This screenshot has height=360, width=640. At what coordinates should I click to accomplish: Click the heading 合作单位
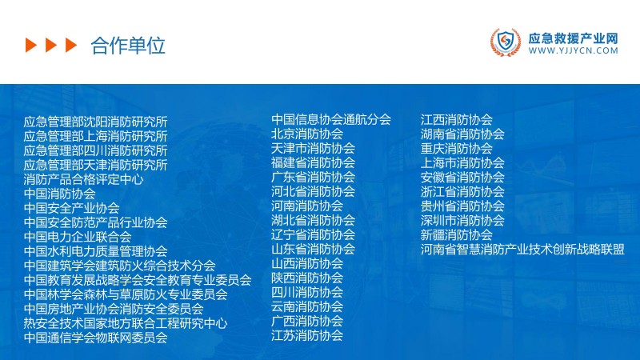pos(128,46)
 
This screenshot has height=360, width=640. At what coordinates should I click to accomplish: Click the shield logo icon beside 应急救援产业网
pos(505,43)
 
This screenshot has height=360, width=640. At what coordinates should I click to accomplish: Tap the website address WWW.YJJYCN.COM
pos(573,50)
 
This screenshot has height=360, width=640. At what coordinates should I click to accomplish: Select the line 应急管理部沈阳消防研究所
pos(95,122)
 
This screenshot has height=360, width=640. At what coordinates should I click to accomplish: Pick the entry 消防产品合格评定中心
pos(83,179)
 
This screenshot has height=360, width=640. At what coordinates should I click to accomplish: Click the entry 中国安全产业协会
pos(71,208)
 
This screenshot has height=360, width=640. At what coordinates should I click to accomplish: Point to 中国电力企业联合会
pos(78,237)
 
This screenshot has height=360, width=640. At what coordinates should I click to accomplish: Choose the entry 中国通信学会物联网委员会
pos(95,338)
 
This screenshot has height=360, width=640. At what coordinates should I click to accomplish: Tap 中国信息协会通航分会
pos(330,119)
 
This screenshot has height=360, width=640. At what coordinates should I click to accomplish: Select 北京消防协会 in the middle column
pos(306,134)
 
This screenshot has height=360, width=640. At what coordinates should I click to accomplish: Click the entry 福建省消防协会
pos(313,162)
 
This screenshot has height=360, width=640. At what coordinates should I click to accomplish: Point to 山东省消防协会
pos(313,249)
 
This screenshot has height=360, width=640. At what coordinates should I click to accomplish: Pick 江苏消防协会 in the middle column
pos(306,335)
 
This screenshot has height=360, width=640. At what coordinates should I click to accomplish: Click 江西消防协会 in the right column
pos(456,119)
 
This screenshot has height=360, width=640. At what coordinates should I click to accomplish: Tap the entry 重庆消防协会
pos(456,148)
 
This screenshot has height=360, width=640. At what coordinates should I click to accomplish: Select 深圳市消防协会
pos(462,220)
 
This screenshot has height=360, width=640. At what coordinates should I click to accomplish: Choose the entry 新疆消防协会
pos(456,234)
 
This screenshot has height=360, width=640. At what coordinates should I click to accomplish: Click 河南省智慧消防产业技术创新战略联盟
pos(522,249)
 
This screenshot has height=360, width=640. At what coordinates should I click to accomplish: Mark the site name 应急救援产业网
pos(573,37)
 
